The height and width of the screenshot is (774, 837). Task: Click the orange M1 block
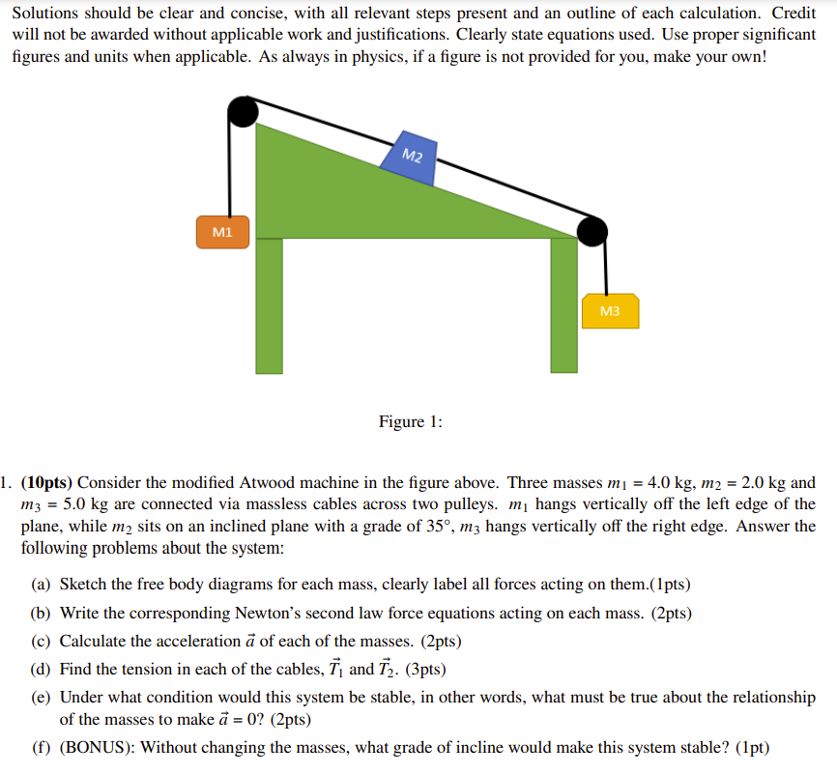tap(222, 232)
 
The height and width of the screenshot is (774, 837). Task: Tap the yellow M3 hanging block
tap(609, 311)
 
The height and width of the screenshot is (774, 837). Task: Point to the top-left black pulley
tap(242, 112)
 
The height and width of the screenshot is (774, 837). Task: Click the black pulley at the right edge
tap(592, 230)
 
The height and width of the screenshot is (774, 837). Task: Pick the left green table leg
tap(270, 305)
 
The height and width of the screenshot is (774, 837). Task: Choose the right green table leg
tap(563, 305)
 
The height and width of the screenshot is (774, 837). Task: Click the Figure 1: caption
tap(411, 421)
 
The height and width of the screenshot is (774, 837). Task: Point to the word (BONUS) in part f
tap(100, 746)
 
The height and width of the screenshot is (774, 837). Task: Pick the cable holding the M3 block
tap(606, 267)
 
